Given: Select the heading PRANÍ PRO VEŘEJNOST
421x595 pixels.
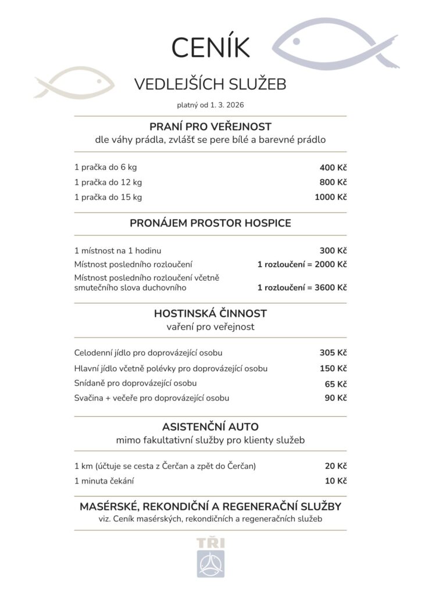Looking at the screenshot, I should [211, 127].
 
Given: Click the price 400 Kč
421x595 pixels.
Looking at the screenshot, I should [333, 167].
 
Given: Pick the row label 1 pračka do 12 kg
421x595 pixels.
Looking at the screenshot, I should [108, 182].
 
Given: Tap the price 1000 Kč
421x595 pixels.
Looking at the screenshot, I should [330, 197].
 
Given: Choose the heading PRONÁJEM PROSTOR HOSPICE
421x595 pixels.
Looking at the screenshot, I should [211, 223].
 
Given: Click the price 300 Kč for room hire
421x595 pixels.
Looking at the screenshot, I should [333, 251].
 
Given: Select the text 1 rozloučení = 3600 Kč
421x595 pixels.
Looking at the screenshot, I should [302, 287].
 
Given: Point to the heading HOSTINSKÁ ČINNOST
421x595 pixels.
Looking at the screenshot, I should [211, 314].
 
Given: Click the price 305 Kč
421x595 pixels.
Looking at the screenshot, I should [333, 353].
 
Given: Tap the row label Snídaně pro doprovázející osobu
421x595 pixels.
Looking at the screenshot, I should [135, 383].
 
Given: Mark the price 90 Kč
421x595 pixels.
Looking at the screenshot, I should [336, 398].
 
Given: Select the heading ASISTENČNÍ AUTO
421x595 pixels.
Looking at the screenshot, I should [211, 427].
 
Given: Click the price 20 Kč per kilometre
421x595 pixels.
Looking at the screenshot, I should [336, 466].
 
